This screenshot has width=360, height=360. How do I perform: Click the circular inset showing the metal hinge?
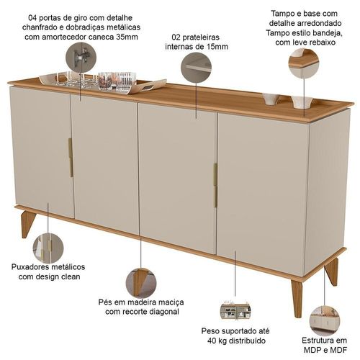click(81, 58)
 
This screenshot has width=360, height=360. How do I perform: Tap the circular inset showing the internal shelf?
click(196, 67)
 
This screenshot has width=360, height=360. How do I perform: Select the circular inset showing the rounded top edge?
click(304, 63)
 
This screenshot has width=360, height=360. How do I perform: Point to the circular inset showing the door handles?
click(48, 248)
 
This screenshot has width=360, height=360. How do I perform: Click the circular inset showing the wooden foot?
click(141, 283)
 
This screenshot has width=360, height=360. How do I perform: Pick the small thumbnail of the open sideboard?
click(235, 310)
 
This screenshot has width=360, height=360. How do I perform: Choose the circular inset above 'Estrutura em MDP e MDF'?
click(325, 321)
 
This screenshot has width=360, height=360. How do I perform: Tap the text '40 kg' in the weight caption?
click(217, 341)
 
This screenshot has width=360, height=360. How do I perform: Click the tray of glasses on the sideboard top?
click(103, 81)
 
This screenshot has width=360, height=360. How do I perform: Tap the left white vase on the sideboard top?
click(271, 99)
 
